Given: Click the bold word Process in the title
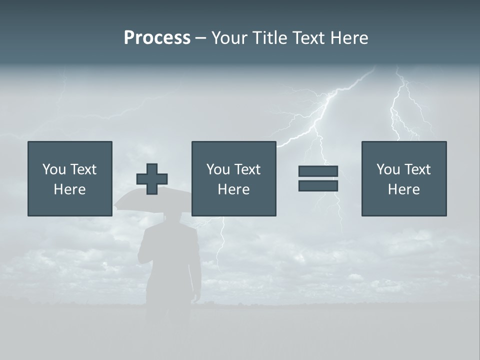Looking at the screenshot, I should point(157,38).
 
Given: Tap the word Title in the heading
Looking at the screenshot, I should point(270,38).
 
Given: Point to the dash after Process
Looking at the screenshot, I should point(200,38).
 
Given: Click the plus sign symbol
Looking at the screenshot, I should point(152,179).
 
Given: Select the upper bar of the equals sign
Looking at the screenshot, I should point(318,171).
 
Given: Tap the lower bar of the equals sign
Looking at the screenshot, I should point(318,186).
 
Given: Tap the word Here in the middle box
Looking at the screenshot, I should point(233,189).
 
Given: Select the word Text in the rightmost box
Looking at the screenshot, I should point(416,169).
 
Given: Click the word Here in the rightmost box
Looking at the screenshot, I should point(404,189).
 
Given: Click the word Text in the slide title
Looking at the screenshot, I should point(307,38).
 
